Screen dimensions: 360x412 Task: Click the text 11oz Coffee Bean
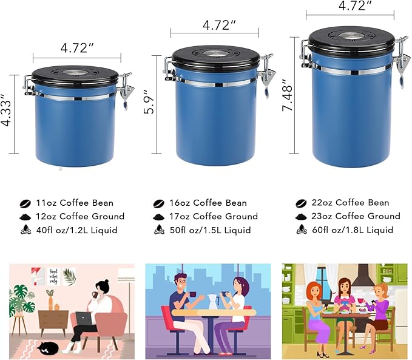[x=75, y=203]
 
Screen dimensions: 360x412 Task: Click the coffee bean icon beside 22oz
[x=300, y=203]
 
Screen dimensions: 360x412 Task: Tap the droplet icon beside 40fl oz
[x=25, y=230]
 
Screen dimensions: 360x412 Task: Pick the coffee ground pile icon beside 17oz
[x=158, y=216]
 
